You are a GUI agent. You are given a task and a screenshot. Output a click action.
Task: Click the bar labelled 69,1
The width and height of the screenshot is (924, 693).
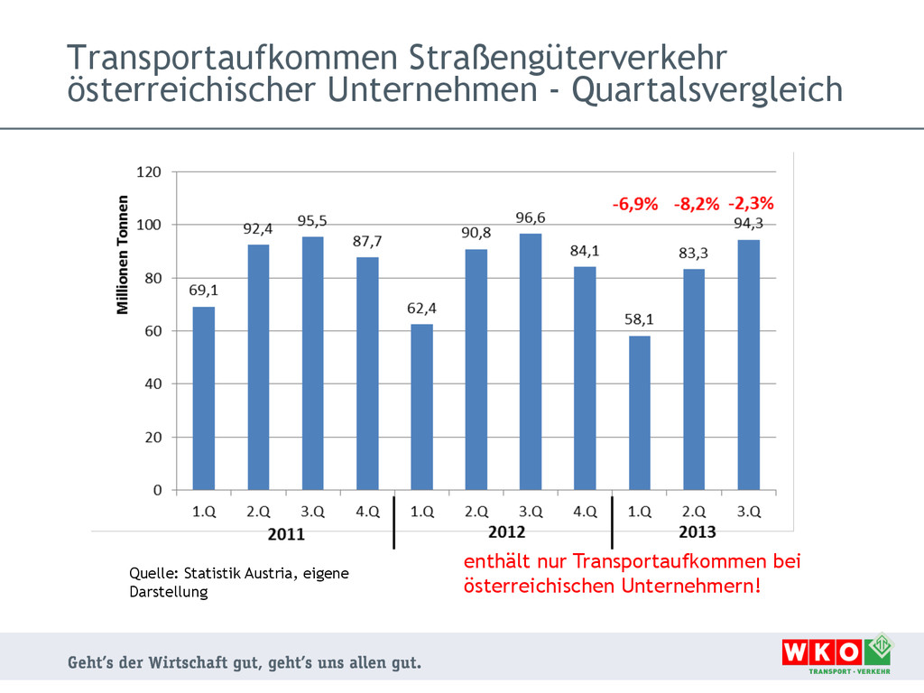204,399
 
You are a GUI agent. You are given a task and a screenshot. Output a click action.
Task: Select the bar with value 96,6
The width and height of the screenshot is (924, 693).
531,362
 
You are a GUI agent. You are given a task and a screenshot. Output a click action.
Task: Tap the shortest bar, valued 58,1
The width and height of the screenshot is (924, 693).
639,413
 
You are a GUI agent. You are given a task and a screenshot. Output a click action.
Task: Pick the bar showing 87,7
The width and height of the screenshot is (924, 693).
367,374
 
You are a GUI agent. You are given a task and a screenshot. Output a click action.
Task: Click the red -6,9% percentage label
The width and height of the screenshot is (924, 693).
635,204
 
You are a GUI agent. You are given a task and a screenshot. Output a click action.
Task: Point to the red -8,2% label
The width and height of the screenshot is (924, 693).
697,204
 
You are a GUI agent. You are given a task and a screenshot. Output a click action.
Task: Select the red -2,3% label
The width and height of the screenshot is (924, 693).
751,203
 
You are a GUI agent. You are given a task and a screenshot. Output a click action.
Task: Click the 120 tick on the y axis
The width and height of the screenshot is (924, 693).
149,171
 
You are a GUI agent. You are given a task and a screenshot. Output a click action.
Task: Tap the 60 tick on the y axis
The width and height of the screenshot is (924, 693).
153,331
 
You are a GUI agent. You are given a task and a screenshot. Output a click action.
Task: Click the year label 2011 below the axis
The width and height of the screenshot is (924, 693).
286,533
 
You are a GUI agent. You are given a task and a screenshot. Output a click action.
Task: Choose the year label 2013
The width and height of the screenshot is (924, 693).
696,531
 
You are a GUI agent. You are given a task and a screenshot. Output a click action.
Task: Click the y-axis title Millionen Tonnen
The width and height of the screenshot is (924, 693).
123,254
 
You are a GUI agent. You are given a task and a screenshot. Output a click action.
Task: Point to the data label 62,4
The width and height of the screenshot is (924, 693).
421,309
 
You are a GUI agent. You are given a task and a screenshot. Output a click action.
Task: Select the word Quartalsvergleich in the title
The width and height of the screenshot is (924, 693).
707,90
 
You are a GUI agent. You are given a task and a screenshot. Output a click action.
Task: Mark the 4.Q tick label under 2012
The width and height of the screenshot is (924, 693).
585,511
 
